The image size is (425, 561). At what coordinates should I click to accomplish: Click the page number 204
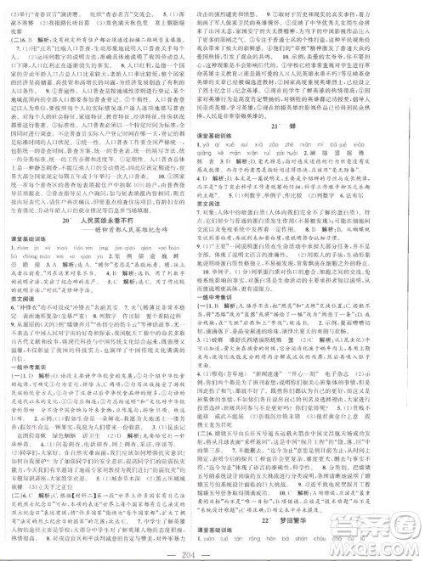pos(212,549)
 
